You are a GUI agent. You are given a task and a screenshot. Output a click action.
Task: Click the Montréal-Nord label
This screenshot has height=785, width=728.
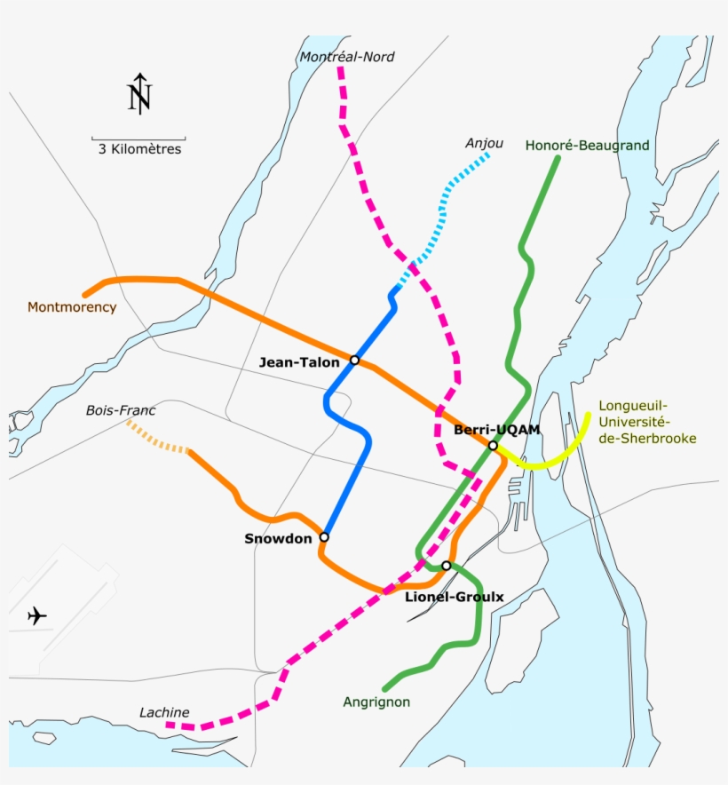(347, 57)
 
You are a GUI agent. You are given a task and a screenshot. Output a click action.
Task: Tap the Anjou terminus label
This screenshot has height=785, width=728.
(484, 143)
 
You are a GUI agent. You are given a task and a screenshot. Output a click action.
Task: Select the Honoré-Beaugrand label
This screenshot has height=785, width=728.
(587, 145)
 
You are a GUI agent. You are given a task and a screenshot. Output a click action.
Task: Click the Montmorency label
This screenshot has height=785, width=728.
(72, 307)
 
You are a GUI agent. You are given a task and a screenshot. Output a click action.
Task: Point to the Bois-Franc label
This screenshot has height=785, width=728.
(121, 410)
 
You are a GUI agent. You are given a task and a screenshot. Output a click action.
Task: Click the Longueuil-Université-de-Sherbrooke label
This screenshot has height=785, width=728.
(647, 422)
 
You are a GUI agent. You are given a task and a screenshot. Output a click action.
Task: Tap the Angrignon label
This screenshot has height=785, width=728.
(376, 702)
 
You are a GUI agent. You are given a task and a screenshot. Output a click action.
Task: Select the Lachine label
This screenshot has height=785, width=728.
(164, 712)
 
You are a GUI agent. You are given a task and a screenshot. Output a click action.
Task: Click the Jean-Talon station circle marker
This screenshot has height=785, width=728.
(354, 360)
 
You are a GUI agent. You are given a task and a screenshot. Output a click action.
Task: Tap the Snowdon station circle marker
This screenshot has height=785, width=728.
(324, 537)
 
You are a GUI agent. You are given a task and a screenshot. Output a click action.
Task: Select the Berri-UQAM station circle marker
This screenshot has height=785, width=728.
(493, 446)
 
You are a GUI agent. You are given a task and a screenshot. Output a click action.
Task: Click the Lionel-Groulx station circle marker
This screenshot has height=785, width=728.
(447, 566)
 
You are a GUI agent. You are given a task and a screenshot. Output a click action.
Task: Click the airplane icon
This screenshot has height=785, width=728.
(37, 615)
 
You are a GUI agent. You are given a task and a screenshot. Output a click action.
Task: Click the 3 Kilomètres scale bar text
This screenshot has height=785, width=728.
(139, 150)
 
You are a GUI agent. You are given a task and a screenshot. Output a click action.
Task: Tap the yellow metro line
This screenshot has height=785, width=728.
(550, 460)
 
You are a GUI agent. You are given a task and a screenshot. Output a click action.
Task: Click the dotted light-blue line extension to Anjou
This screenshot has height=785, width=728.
(444, 213)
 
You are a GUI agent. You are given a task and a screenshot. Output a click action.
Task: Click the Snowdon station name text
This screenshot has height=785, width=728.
(278, 539)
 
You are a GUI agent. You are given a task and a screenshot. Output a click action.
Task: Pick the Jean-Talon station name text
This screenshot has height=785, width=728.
(299, 361)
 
